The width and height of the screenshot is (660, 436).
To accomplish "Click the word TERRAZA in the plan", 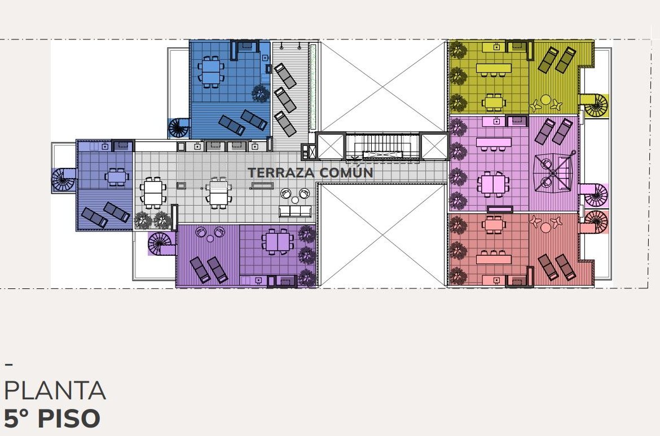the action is [x=281, y=172].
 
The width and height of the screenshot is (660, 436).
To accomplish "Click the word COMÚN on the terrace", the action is [x=346, y=172].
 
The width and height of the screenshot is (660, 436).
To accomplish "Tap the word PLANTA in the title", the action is [x=55, y=390].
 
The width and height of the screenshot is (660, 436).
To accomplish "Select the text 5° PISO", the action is [x=52, y=419].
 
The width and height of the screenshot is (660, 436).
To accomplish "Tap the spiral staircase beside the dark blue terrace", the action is [x=179, y=128].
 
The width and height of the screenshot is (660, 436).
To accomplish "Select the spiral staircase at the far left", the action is [x=64, y=180].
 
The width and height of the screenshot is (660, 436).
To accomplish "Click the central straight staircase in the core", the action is [x=382, y=146].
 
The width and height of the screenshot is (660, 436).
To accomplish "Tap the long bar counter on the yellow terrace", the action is [x=494, y=68].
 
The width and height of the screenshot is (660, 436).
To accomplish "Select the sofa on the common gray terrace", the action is [x=296, y=211].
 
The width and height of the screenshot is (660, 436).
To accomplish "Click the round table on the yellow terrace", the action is [x=545, y=100].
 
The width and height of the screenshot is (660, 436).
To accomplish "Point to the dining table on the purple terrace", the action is [x=278, y=242].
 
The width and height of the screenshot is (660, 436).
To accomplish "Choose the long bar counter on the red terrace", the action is [x=494, y=258].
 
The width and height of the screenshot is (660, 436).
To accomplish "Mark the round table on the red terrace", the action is [x=545, y=228].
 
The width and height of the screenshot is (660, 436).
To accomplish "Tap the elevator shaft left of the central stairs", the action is [x=331, y=146].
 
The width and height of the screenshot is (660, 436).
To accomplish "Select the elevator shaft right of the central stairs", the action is [x=434, y=146].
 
